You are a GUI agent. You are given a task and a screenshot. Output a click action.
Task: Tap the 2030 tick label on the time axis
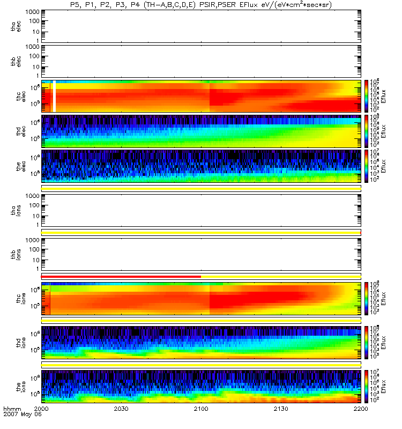pos(121,409)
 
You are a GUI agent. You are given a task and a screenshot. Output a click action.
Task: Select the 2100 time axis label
pos(201,409)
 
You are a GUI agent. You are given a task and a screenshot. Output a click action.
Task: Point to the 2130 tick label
pos(281,409)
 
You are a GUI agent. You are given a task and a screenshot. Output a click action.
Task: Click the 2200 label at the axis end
pos(361,409)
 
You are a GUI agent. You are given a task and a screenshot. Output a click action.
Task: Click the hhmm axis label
pos(12,409)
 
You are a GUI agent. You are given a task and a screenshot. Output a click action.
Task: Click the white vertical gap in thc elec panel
pos(55,97)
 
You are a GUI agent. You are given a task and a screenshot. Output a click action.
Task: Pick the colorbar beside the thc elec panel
pos(367,96)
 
